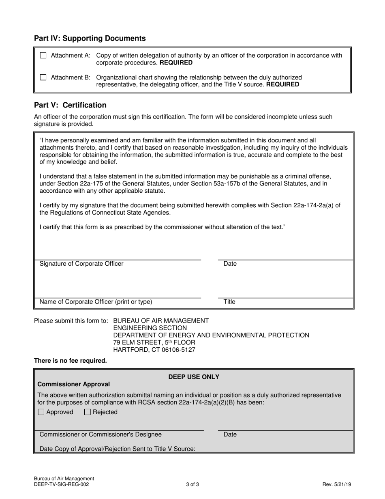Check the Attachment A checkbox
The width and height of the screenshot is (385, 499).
43,56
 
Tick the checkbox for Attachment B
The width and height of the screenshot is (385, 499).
43,77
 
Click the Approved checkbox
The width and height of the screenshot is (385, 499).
41,412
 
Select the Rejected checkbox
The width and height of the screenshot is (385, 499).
87,412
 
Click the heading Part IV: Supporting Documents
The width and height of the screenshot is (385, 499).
90,39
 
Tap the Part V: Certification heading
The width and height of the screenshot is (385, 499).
70,105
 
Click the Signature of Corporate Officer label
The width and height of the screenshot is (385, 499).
81,264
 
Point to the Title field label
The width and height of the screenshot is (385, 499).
229,302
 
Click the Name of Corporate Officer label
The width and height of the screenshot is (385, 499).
96,302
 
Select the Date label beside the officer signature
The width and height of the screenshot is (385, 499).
230,264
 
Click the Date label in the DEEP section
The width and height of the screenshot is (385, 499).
230,434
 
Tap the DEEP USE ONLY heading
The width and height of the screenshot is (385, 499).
194,377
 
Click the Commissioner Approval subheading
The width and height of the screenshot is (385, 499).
73,384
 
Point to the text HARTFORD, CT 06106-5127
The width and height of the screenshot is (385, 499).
154,350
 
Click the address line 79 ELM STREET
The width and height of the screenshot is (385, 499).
154,342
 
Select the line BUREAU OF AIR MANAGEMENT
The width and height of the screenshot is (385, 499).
161,320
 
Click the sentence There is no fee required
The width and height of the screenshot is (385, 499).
71,361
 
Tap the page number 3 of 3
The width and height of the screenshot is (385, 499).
192,484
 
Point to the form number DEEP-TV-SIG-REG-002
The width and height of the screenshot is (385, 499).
62,484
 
